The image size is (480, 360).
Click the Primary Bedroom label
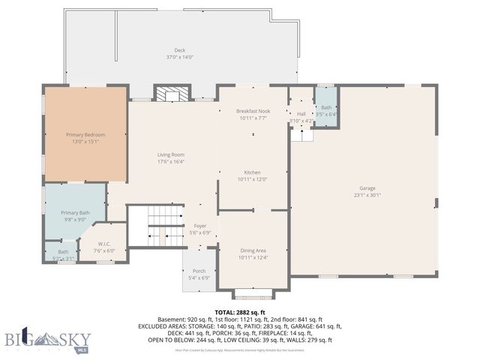pos(85,134)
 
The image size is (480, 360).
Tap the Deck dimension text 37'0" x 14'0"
pos(179,57)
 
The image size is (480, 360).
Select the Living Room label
pos(171,154)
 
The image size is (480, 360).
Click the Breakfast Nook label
pos(252,111)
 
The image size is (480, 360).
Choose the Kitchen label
pos(252,172)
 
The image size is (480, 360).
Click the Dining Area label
pos(252,250)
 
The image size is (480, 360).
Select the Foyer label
pos(200,226)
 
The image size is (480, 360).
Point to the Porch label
pos(199,271)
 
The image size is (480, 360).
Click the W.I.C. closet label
pos(104,244)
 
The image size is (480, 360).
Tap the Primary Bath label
pos(75,213)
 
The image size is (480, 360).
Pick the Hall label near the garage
pos(301,113)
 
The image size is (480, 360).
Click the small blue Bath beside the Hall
pos(326,107)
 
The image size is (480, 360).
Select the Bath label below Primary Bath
pos(64,251)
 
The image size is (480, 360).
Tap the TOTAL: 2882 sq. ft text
pos(240,312)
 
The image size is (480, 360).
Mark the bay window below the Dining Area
pos(252,293)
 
